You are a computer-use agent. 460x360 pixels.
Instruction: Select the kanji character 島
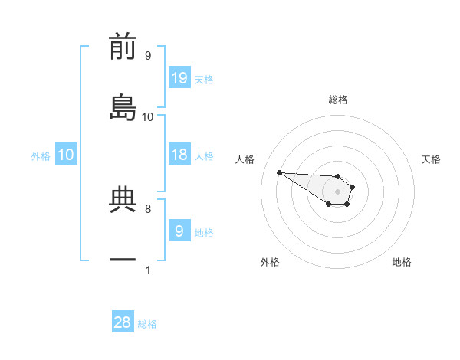click(x=123, y=108)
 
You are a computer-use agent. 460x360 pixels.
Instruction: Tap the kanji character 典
click(x=123, y=201)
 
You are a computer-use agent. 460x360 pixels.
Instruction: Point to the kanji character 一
click(x=123, y=260)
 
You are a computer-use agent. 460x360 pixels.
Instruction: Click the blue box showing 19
click(x=179, y=77)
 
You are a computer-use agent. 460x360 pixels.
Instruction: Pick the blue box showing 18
click(x=179, y=155)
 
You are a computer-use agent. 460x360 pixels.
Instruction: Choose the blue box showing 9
click(x=179, y=231)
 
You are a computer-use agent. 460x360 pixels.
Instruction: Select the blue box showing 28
click(x=123, y=322)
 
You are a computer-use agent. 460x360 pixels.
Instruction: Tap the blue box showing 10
click(x=66, y=155)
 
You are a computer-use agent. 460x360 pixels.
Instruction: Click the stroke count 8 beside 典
click(x=148, y=208)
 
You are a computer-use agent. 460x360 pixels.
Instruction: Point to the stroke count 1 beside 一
click(x=148, y=270)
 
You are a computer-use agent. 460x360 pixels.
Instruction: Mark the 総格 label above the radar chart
click(x=338, y=100)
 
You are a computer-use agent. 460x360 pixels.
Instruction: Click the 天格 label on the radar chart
click(x=431, y=159)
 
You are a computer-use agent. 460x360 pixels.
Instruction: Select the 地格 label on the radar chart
click(x=402, y=262)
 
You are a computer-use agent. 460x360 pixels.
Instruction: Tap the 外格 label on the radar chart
click(x=270, y=262)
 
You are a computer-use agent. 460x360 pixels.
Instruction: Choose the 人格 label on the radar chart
click(x=245, y=159)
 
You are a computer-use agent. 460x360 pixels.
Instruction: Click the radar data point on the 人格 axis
click(x=279, y=172)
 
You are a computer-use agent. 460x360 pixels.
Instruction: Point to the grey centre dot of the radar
click(x=338, y=191)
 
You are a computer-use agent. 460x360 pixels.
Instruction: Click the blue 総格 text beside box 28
click(x=147, y=324)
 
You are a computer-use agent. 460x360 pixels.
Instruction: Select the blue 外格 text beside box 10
click(x=41, y=156)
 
